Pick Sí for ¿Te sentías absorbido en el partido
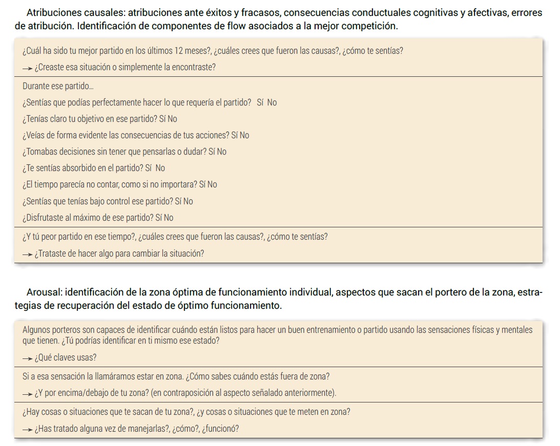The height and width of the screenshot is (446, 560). pyautogui.click(x=149, y=168)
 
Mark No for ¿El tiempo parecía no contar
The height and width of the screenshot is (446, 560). pyautogui.click(x=212, y=184)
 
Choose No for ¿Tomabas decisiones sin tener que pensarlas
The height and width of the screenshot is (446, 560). pyautogui.click(x=221, y=152)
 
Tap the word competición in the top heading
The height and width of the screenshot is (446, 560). pyautogui.click(x=372, y=25)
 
